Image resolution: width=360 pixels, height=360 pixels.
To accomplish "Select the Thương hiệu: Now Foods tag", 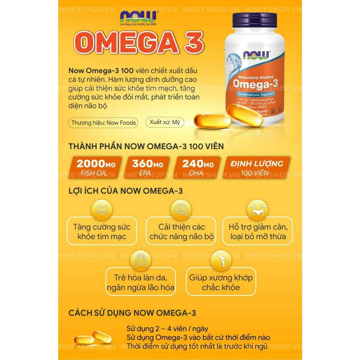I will tap(103, 123).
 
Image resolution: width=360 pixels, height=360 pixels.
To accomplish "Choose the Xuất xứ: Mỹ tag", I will tap(164, 122).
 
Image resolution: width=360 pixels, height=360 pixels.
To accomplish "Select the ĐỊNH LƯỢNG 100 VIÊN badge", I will tap(257, 167).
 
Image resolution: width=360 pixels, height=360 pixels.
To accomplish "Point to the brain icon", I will tap(181, 210).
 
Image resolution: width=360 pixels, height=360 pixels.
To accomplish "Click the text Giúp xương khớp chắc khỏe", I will tap(221, 282).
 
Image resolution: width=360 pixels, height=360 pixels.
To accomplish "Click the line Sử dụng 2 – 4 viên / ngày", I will tap(167, 329).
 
